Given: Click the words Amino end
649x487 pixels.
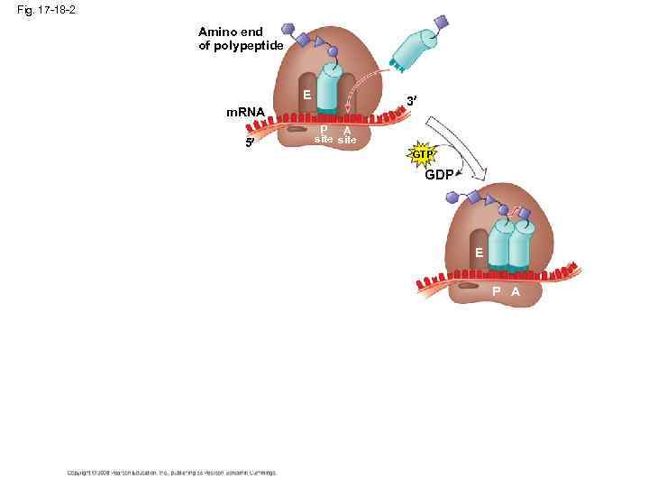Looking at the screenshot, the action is click(231, 32).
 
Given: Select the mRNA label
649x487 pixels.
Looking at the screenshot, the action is click(245, 113).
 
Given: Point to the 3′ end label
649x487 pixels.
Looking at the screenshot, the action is click(411, 102).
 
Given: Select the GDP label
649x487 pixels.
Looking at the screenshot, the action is click(439, 175).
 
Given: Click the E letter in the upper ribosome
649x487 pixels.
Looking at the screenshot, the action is click(307, 95).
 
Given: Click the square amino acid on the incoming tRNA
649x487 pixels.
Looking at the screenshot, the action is click(441, 21).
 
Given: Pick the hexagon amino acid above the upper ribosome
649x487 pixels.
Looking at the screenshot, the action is click(288, 30).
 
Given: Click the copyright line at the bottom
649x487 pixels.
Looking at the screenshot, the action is click(171, 472).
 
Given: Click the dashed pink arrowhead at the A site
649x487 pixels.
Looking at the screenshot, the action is click(348, 108).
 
